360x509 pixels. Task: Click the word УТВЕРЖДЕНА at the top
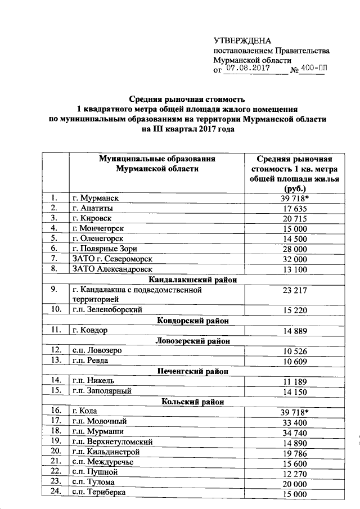(242, 40)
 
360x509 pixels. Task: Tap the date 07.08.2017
(247, 68)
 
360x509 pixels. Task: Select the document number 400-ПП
(313, 69)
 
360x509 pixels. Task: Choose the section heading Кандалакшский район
(192, 280)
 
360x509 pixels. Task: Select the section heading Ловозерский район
(192, 340)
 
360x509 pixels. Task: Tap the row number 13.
(55, 360)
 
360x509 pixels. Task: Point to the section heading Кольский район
(192, 402)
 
